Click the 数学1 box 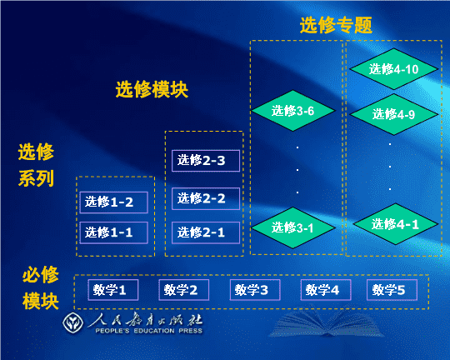point(113,290)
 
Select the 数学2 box point(183,290)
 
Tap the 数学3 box point(255,290)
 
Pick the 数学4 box point(326,290)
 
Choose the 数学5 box point(392,290)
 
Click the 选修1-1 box point(113,232)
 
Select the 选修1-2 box point(113,202)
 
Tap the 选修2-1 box point(206,232)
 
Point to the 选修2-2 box point(206,198)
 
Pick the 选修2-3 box point(206,161)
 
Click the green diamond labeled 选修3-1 point(292,228)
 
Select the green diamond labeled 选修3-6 point(292,111)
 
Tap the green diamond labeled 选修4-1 point(396,224)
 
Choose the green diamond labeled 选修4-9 point(393,114)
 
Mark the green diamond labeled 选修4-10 point(393,69)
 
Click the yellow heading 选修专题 point(336,25)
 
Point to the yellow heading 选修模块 point(152,89)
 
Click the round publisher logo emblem point(72,322)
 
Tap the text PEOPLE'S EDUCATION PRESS point(148,331)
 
